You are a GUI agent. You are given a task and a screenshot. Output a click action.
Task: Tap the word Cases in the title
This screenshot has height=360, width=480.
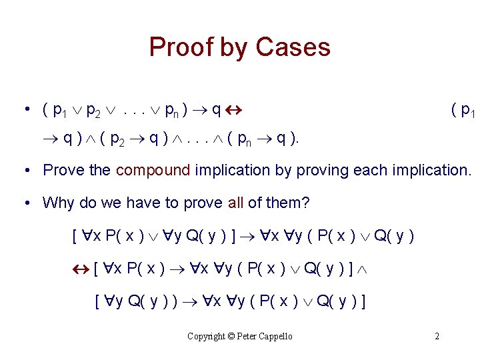pyautogui.click(x=293, y=48)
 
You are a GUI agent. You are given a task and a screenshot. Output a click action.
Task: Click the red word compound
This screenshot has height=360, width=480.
pyautogui.click(x=153, y=170)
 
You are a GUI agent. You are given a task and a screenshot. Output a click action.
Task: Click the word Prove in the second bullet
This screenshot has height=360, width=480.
pyautogui.click(x=65, y=170)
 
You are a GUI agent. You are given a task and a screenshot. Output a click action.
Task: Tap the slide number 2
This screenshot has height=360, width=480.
pyautogui.click(x=437, y=336)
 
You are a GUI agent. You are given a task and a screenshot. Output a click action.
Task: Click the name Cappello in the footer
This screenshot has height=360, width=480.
pyautogui.click(x=275, y=336)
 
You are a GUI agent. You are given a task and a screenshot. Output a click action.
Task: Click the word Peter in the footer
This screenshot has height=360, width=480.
pyautogui.click(x=247, y=336)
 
